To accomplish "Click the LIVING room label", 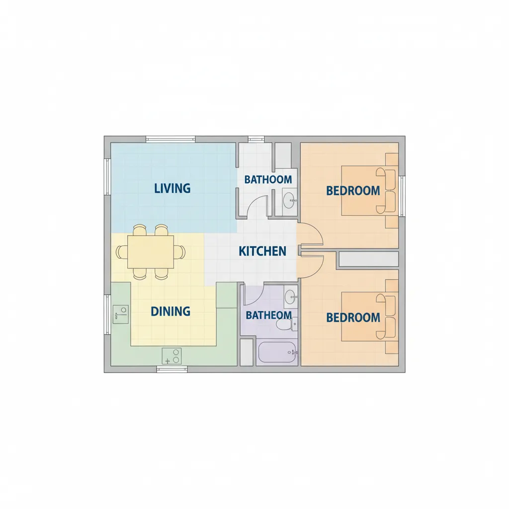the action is [172, 188].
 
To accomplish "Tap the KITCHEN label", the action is [262, 251].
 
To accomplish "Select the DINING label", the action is [170, 311].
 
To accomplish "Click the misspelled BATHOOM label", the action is [268, 179].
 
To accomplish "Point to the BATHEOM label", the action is [268, 315].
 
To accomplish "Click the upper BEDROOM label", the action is [353, 190].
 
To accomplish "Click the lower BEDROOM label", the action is [353, 318].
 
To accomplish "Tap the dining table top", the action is [151, 252].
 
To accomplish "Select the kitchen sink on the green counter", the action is [120, 314].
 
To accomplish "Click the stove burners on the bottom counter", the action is [171, 356].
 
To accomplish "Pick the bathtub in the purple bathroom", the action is [277, 352].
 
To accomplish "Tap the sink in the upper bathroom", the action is [289, 200].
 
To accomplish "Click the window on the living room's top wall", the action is [170, 139].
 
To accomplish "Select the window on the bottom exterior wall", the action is [172, 369].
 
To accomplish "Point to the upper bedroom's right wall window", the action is [402, 196].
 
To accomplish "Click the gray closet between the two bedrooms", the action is [369, 259].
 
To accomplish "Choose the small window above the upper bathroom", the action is [256, 139].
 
